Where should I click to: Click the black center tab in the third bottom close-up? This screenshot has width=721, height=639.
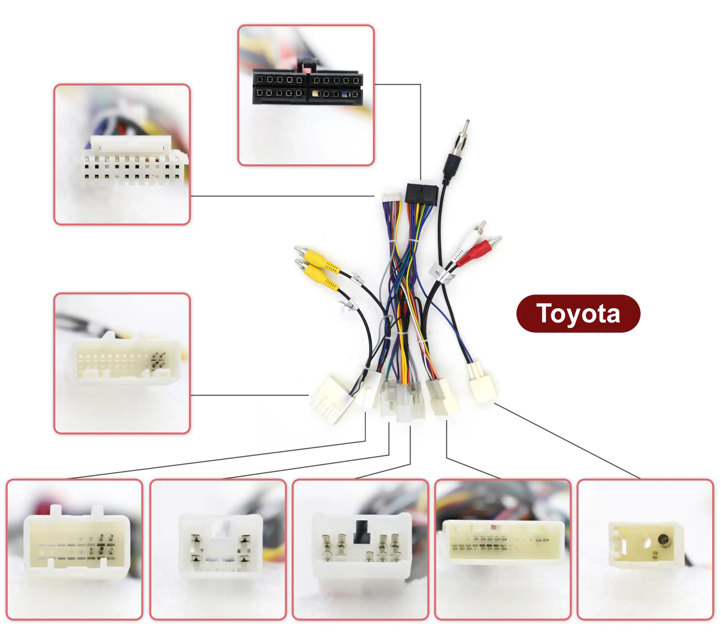362,531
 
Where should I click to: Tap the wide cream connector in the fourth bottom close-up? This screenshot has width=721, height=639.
503,540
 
